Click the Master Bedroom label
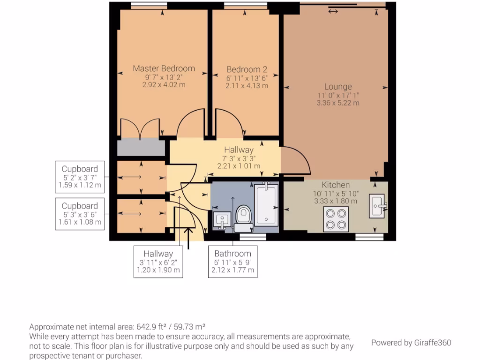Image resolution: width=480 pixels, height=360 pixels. click(164, 68)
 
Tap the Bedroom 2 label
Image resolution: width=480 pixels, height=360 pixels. click(247, 69)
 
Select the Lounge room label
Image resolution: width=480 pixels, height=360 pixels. click(337, 87)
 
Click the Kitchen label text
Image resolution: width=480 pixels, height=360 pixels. click(336, 185)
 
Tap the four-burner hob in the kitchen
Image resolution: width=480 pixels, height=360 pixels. click(336, 219)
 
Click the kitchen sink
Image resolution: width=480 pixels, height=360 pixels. click(376, 206)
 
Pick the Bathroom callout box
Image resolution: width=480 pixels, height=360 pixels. click(232, 262)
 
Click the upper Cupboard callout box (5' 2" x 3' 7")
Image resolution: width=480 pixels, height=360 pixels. click(80, 177)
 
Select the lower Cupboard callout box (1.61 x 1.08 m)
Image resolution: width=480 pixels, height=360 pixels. click(80, 214)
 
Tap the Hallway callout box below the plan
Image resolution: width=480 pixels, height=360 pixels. click(158, 262)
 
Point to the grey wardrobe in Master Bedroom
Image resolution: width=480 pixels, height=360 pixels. click(141, 147)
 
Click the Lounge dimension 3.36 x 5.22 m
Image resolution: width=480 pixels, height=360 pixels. click(337, 103)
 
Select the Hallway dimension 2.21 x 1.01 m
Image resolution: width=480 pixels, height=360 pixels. click(239, 166)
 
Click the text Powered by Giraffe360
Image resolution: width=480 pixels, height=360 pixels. click(411, 343)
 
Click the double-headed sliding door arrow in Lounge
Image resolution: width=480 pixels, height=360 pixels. click(333, 11)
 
